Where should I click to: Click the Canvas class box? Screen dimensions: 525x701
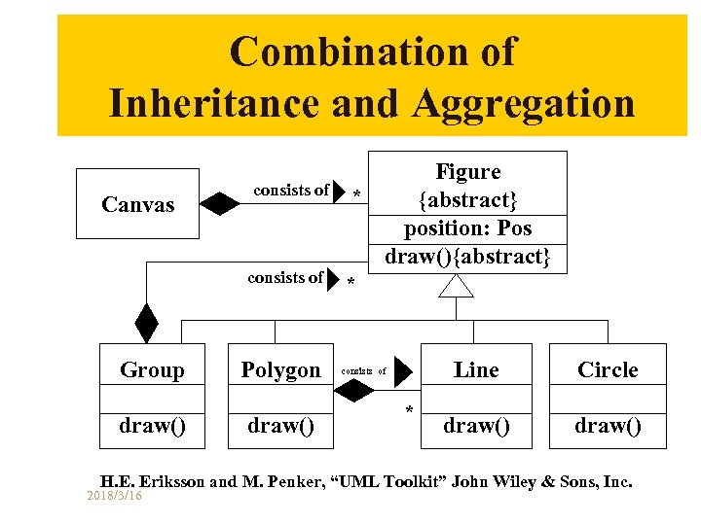[x=138, y=204]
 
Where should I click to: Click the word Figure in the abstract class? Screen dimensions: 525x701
[x=468, y=172]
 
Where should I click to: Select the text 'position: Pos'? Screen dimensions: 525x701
[x=468, y=228]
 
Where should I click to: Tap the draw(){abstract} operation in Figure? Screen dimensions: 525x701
[x=468, y=257]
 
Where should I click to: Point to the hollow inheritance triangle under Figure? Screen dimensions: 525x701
[x=456, y=285]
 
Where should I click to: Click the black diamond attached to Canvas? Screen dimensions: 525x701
[x=220, y=204]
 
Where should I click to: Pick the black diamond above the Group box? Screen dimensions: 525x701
[x=146, y=324]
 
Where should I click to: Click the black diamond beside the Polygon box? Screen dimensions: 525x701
[x=353, y=389]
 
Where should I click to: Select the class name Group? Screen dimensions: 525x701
[x=152, y=370]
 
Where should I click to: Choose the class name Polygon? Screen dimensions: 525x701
[x=280, y=370]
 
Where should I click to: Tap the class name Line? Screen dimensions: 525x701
[x=476, y=370]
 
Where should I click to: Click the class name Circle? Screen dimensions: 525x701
[x=608, y=370]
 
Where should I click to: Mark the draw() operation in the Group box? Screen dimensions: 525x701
[x=152, y=426]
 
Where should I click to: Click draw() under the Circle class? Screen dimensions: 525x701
[x=608, y=426]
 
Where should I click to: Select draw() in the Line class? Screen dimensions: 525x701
[x=476, y=426]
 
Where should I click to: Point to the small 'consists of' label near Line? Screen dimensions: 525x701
[x=364, y=371]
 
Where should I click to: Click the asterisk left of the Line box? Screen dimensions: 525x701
[x=409, y=411]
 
